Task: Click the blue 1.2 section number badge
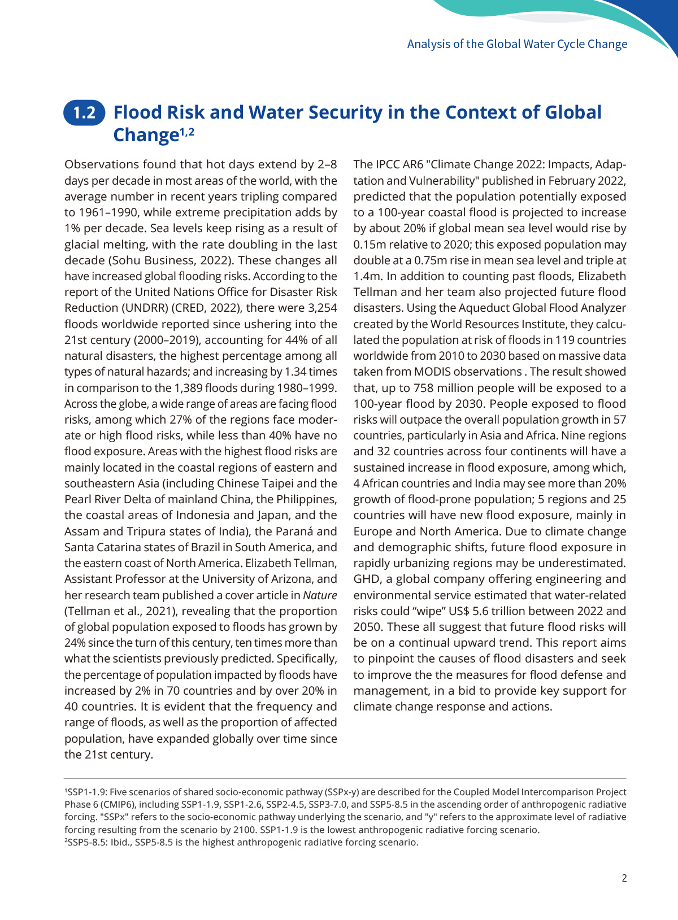[x=85, y=112]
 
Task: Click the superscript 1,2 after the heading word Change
[x=187, y=132]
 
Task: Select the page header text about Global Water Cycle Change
[x=517, y=44]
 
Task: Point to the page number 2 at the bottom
[x=624, y=878]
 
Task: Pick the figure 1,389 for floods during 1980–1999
[x=188, y=388]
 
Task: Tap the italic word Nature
[x=320, y=595]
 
